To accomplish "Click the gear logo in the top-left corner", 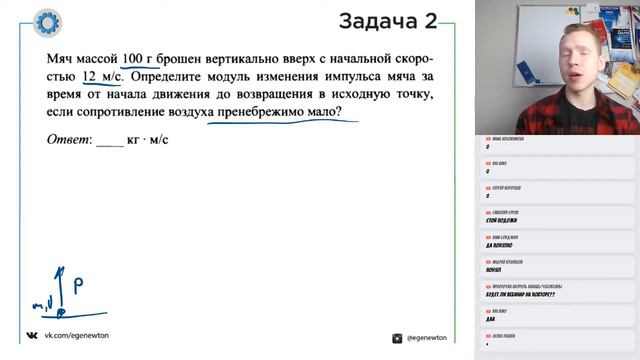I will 47,22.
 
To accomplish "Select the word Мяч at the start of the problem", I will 61,58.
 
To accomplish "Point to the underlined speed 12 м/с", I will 103,77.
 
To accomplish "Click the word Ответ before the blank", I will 69,139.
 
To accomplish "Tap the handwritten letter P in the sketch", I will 76,283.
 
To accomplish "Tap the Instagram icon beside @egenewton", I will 397,338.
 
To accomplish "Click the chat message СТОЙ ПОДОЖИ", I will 503,219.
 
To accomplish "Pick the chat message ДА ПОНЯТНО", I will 503,244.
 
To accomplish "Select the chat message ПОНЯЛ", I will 495,269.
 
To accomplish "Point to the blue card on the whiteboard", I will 527,73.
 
